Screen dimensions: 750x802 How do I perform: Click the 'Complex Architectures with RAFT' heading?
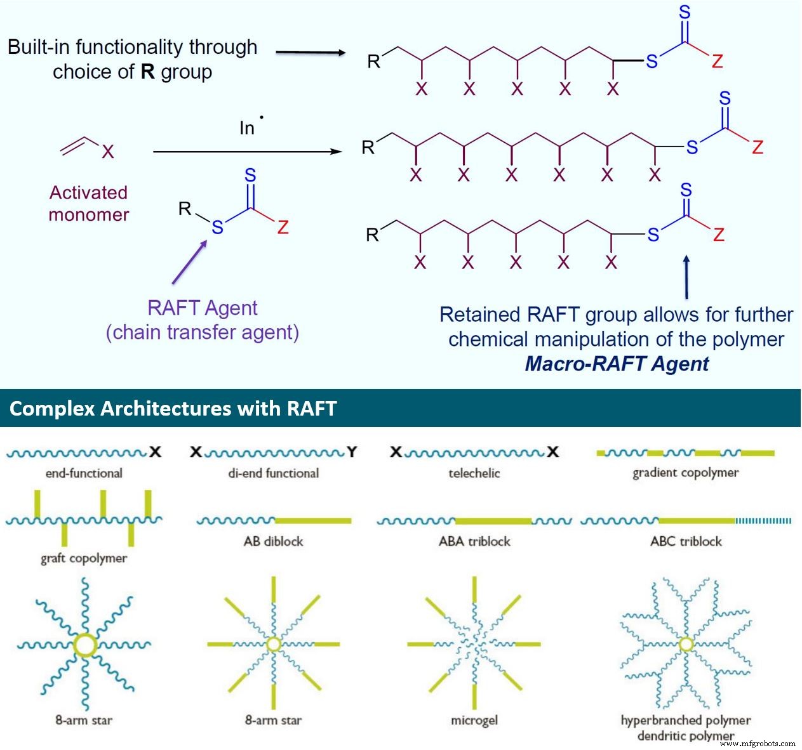(173, 408)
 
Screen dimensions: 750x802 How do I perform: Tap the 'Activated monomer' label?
(89, 203)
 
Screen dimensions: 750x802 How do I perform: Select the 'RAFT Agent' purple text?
(202, 308)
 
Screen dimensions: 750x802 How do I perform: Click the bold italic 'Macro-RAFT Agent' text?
(616, 364)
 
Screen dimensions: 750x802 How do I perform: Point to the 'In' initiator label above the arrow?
(248, 128)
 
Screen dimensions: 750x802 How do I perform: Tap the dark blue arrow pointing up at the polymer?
(686, 277)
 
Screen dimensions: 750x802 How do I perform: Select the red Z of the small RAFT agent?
(283, 228)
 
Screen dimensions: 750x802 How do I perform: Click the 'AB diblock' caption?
(273, 541)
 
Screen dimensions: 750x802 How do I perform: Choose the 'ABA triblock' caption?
(474, 541)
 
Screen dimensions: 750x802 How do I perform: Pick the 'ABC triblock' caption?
(686, 541)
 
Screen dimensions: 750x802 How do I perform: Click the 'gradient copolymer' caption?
(685, 473)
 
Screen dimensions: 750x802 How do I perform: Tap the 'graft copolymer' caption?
(84, 558)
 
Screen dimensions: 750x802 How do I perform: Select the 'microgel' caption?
(474, 720)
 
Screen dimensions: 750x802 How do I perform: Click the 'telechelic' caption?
(474, 473)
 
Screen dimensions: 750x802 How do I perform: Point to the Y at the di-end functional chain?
(352, 452)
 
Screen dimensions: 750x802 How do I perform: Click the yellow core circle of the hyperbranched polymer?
(686, 645)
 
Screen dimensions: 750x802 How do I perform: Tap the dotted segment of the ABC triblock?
(763, 521)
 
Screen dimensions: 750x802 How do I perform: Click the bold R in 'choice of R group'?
(147, 72)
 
